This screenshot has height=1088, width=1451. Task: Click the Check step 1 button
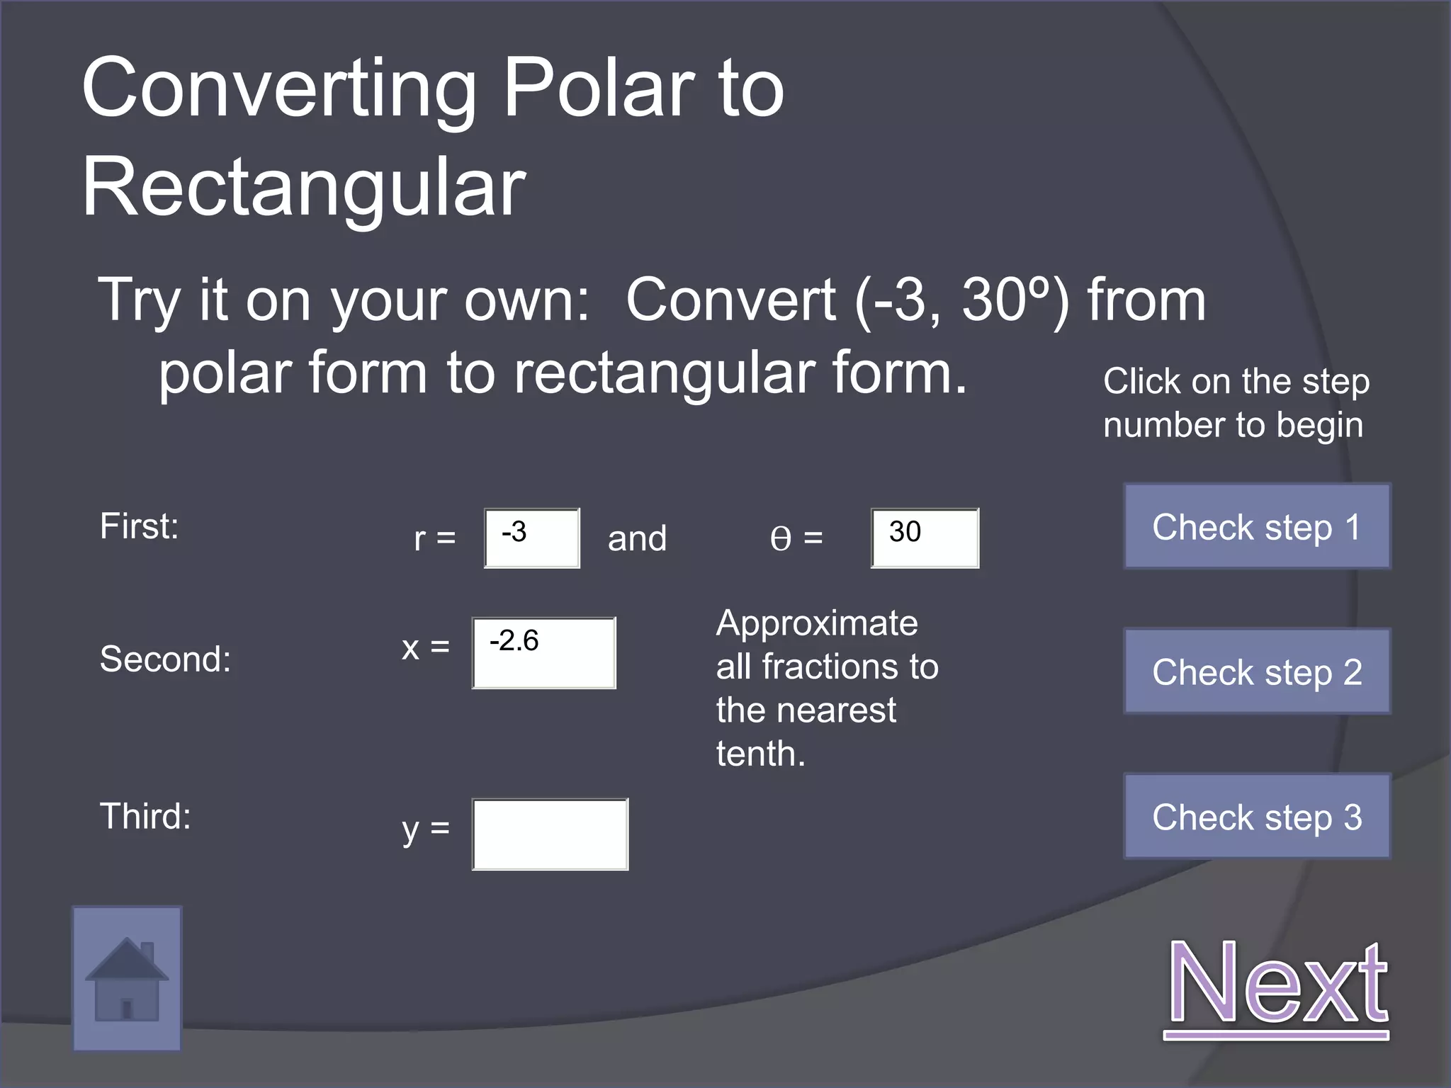tap(1257, 526)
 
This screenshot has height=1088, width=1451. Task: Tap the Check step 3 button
tap(1257, 817)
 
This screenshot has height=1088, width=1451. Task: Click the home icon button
tap(127, 979)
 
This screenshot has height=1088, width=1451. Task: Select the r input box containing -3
tap(531, 538)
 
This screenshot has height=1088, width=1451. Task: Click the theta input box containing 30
tap(925, 538)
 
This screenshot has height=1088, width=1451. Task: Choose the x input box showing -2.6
tap(543, 652)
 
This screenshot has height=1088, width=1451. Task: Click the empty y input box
tap(550, 834)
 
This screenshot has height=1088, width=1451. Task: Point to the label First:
tap(140, 526)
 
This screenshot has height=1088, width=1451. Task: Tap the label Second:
tap(166, 659)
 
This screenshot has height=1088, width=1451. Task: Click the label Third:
tap(146, 816)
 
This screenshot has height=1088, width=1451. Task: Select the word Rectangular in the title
tap(304, 188)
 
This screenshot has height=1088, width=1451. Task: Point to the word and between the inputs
tap(637, 538)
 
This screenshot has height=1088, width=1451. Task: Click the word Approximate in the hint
tap(817, 623)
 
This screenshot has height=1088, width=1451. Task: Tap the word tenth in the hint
tap(760, 753)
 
